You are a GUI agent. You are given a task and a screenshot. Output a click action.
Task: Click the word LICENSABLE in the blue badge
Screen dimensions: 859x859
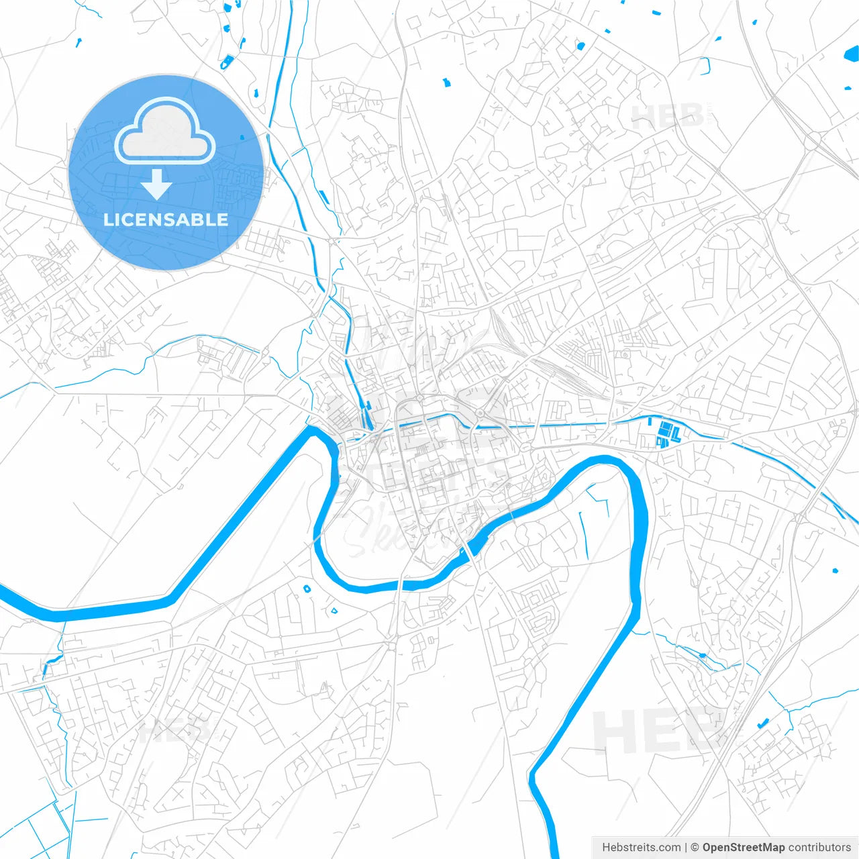pos(166,219)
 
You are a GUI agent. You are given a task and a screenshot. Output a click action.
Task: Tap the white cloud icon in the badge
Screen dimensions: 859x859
pos(165,131)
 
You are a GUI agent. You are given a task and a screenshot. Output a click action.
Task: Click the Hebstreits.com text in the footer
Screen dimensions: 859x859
pos(641,848)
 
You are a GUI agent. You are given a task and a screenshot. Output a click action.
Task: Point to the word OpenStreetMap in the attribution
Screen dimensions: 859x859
pos(744,848)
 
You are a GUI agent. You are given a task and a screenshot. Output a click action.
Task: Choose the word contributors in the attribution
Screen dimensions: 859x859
pos(819,848)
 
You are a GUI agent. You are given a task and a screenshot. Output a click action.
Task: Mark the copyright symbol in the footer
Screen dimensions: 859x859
pos(695,848)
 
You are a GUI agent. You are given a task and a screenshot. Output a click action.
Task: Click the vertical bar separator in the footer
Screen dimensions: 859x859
pos(686,848)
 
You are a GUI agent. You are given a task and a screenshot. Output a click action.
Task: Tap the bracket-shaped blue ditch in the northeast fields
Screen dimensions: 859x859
pos(705,65)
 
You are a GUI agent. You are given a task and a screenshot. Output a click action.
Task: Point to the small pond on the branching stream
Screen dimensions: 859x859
pos(702,655)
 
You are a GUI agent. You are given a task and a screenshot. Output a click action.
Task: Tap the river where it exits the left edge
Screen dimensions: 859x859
pos(5,592)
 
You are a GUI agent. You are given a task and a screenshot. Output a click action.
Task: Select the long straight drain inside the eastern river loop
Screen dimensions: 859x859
pos(583,534)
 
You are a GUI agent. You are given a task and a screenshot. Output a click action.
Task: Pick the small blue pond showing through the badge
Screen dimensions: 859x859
pos(242,137)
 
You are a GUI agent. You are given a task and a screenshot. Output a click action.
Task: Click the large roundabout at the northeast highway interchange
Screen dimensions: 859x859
pos(813,140)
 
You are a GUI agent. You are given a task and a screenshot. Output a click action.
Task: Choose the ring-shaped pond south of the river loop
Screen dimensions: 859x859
pos(307,589)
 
